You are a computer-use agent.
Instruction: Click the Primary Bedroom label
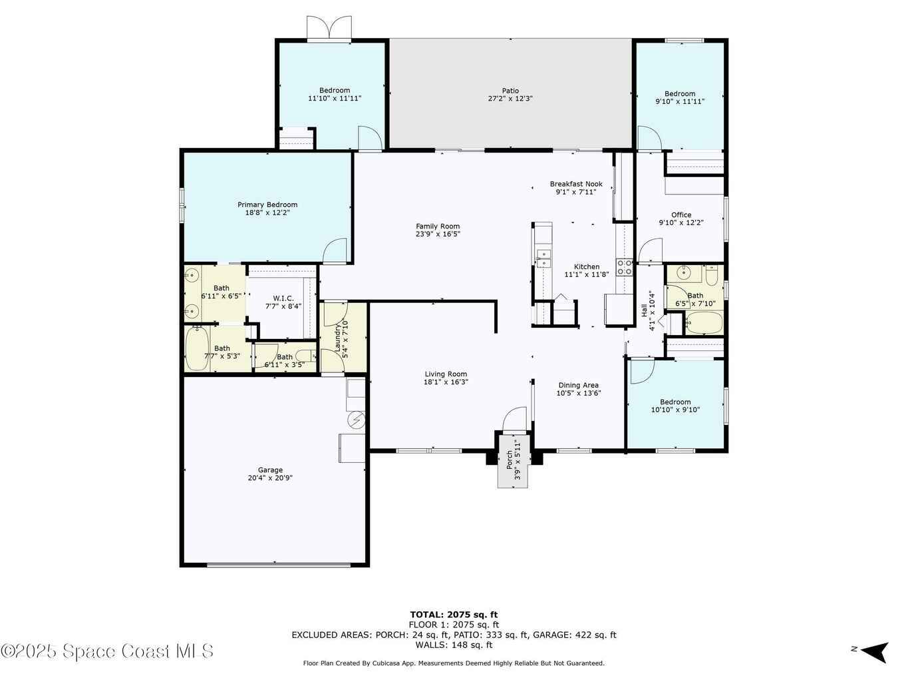click(267, 204)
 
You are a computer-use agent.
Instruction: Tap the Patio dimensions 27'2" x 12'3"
click(510, 99)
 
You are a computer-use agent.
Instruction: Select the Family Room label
click(438, 226)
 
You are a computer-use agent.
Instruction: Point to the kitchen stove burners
click(624, 267)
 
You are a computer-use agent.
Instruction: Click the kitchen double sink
click(543, 258)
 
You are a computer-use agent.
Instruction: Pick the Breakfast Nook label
click(576, 184)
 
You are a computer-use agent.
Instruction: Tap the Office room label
click(681, 214)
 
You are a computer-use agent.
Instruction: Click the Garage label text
click(270, 470)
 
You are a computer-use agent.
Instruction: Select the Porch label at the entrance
click(510, 460)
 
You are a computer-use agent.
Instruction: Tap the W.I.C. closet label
click(283, 298)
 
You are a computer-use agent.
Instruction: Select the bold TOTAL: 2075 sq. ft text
click(454, 615)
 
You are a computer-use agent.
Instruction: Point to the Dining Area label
click(578, 385)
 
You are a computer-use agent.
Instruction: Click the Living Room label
click(445, 374)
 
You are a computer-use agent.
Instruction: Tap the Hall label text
click(644, 310)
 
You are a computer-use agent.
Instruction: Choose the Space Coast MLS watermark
click(106, 651)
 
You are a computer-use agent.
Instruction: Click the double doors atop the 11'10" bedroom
click(329, 27)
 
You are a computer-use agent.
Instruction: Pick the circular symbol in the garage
click(356, 421)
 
